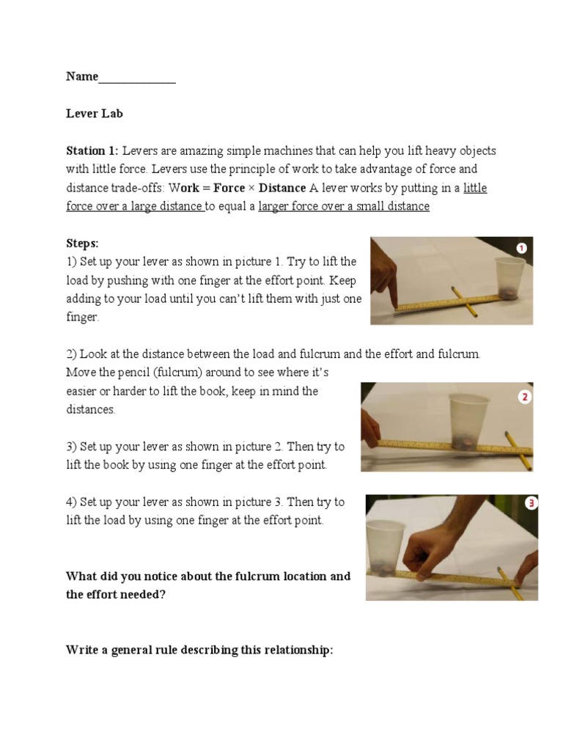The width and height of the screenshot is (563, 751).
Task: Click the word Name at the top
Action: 81,76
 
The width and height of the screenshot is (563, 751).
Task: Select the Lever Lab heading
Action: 95,114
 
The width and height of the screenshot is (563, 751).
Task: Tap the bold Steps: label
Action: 82,243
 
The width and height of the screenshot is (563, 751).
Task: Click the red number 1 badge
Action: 521,249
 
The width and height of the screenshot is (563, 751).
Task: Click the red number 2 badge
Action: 524,398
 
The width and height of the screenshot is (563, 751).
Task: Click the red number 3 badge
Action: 531,503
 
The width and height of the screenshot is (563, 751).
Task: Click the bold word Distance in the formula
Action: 282,188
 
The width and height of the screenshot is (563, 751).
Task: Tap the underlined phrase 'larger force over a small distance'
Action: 344,207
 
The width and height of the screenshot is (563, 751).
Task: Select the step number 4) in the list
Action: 71,502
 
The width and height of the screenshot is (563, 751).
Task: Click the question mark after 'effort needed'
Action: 163,595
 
